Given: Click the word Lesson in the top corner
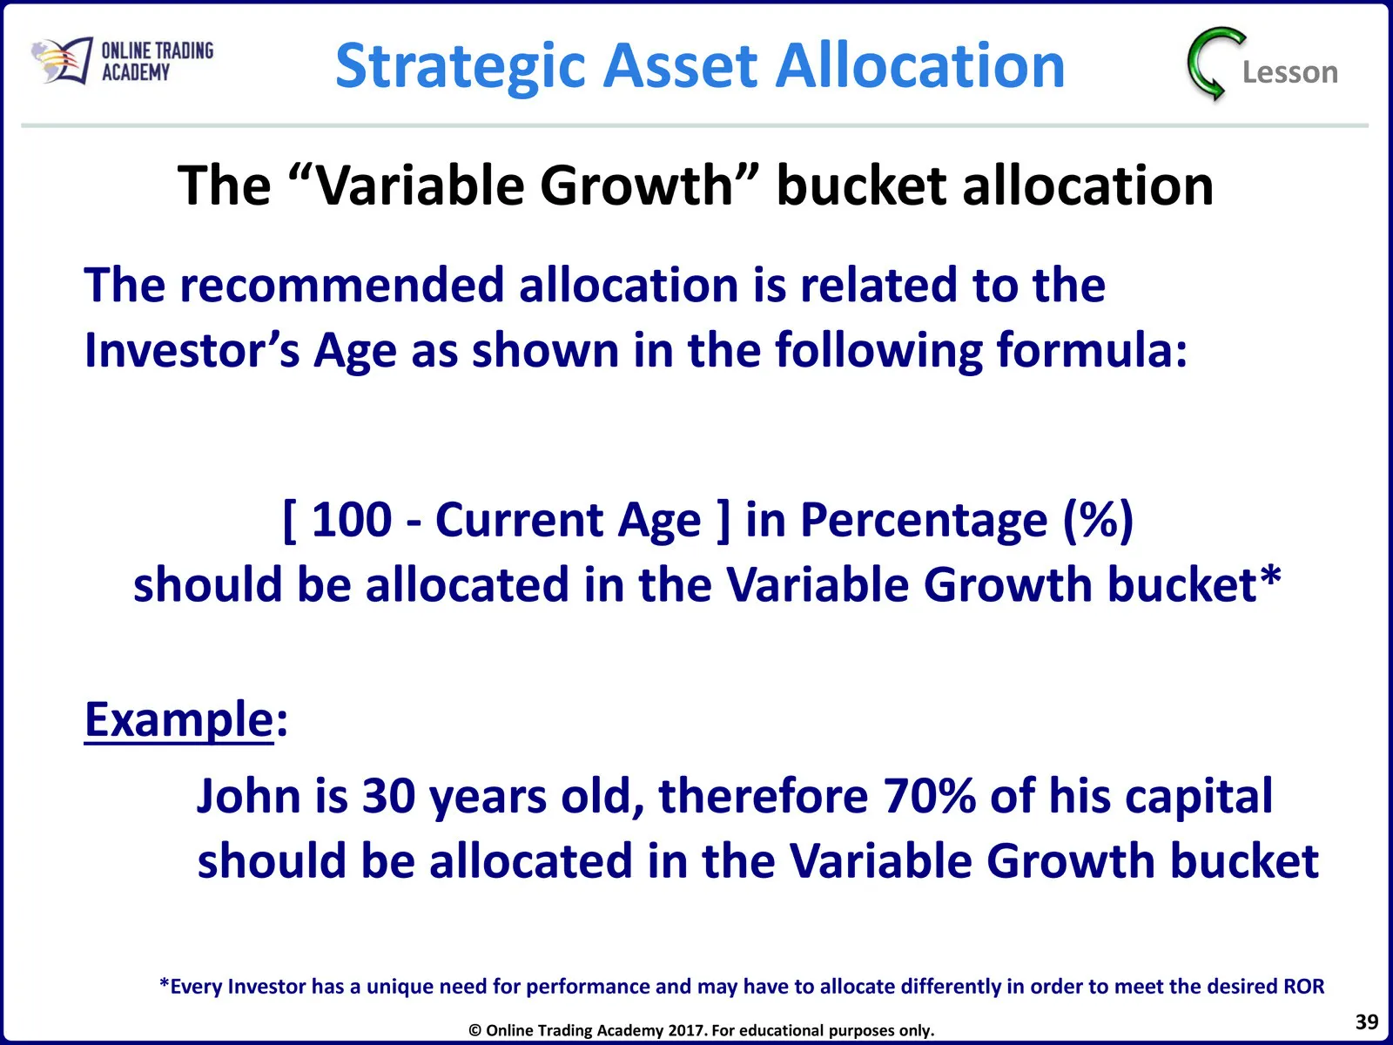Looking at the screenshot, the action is pos(1290,72).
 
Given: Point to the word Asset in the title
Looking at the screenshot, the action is pos(680,65).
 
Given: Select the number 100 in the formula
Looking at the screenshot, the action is pos(352,520).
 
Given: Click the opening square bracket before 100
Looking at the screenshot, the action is pos(289,521).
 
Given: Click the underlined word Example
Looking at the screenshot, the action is pos(179,719).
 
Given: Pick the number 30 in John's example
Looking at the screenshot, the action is pos(388,796).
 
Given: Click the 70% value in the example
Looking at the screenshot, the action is pos(930,796).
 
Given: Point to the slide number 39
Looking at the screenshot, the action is pos(1367,1022).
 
